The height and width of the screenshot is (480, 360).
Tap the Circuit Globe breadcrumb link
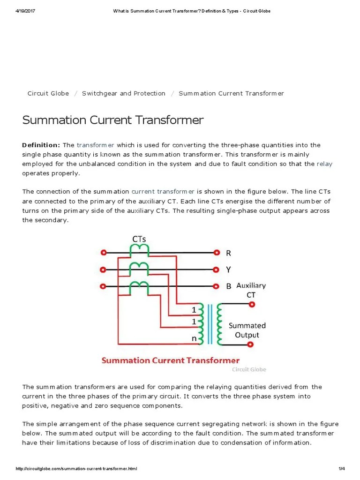point(48,93)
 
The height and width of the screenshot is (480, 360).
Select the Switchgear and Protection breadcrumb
point(123,93)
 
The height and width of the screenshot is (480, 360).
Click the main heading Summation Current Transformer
point(113,120)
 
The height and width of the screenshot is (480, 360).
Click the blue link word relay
point(324,164)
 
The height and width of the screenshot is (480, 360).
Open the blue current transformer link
point(163,192)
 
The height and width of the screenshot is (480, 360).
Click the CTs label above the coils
point(139,239)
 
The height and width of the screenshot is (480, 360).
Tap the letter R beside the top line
point(228,253)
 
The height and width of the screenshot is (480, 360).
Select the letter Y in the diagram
point(228,270)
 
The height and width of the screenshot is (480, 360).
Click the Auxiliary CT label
point(251,290)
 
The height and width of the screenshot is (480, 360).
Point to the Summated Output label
point(247,330)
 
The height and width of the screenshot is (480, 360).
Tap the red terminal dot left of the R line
point(103,252)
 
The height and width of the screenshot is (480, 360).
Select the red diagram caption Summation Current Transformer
point(171,360)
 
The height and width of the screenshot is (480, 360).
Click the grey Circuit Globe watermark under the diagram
point(249,369)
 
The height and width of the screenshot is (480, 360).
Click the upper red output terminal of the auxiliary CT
point(251,304)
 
